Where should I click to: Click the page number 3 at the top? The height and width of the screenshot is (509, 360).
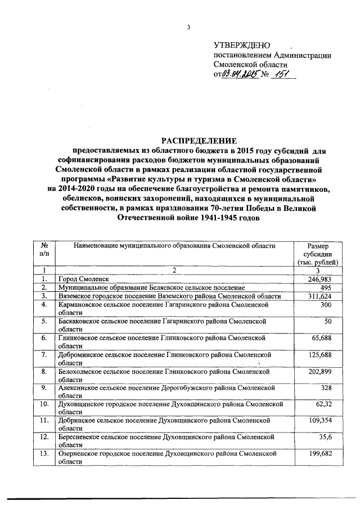pos(189,28)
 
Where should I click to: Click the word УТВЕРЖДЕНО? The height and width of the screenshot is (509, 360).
pos(242,45)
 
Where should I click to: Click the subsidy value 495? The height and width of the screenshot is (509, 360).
pos(331,287)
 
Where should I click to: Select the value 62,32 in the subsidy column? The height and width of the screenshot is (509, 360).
pos(328,405)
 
